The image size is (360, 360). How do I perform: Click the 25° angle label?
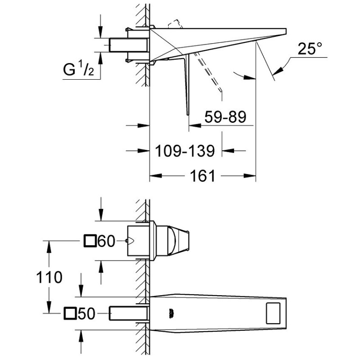tap(310, 49)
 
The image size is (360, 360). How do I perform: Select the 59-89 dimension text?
tap(225, 117)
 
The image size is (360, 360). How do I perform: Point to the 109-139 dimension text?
tap(185, 151)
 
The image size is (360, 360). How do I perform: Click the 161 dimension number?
tap(202, 176)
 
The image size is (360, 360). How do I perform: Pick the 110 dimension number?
tap(49, 277)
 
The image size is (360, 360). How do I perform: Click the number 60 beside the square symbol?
tap(106, 241)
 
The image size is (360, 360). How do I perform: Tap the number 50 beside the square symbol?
tap(86, 314)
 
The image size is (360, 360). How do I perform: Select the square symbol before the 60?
tap(90, 241)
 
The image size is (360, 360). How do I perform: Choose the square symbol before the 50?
tap(70, 313)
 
